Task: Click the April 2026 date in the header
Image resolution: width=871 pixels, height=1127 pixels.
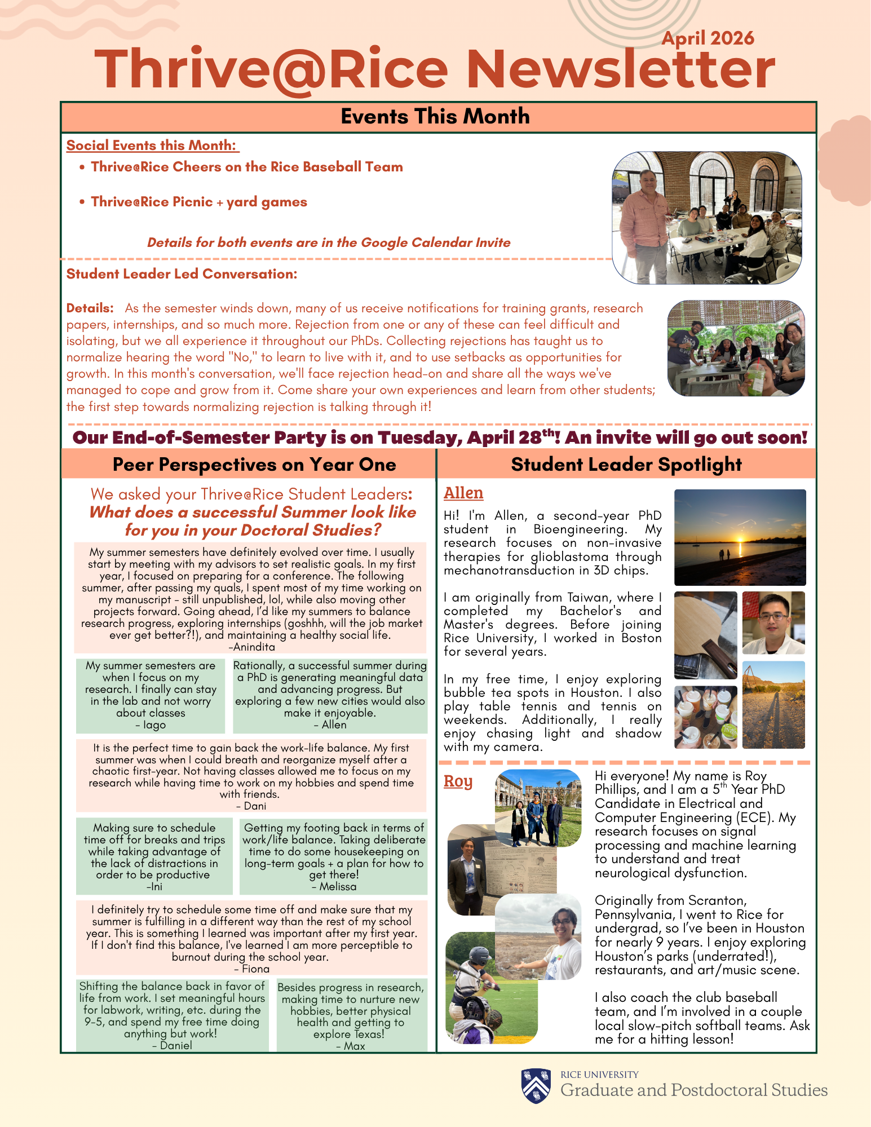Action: (x=708, y=38)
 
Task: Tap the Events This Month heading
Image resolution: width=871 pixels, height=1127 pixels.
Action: (x=435, y=117)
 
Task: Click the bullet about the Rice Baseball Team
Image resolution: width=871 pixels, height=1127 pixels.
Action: (x=246, y=167)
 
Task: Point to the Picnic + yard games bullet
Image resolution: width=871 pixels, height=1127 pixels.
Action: (x=198, y=202)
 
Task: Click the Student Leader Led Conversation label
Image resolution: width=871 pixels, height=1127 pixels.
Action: (x=182, y=274)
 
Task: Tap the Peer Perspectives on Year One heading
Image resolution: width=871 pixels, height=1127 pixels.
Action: (x=254, y=465)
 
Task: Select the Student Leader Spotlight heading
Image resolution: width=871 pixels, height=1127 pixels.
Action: (x=626, y=465)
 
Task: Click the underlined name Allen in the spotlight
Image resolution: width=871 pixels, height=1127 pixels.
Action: (x=463, y=493)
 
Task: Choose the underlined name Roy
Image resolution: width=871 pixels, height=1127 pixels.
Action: (x=458, y=781)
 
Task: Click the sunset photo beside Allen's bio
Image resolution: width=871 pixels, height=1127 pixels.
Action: (x=740, y=537)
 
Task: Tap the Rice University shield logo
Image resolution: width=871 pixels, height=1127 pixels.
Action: (x=536, y=1085)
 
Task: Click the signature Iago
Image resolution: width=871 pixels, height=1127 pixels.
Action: (x=151, y=725)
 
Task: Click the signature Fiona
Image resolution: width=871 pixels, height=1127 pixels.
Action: (x=252, y=969)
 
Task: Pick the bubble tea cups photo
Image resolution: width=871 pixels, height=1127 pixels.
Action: (x=705, y=717)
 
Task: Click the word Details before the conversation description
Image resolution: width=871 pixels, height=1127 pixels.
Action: (x=90, y=308)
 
